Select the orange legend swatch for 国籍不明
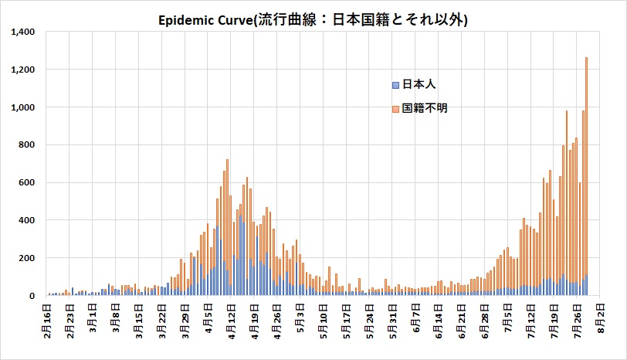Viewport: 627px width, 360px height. point(395,109)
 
